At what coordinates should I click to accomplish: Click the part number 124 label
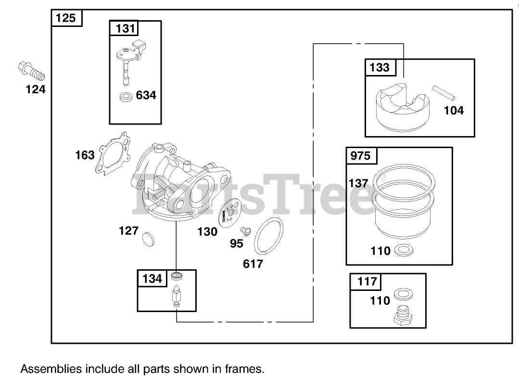36,89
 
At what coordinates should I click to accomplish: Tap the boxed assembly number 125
66,18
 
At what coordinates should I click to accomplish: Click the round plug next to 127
149,239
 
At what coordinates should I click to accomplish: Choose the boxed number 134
152,278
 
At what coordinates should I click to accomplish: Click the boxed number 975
361,156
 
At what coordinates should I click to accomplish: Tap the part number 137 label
358,183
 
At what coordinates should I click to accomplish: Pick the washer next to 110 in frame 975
401,250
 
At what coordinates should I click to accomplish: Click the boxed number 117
367,281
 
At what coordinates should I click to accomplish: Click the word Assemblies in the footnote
51,369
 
